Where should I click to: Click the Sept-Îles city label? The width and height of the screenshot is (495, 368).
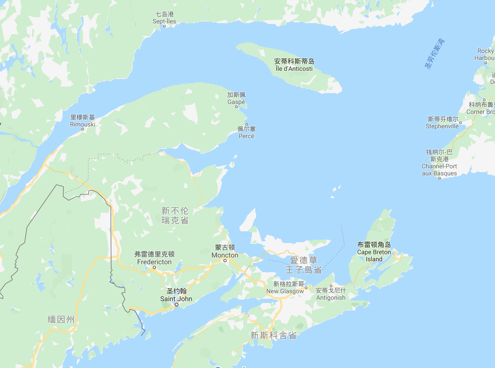point(164,18)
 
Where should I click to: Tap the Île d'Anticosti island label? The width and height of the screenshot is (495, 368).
point(294,65)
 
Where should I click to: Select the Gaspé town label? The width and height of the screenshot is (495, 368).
point(236,98)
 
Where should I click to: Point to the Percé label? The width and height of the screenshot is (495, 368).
point(247,133)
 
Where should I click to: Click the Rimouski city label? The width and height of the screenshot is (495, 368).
point(83,121)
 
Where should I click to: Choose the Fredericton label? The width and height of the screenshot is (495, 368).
point(154,258)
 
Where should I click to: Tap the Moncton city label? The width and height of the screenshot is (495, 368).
point(225,251)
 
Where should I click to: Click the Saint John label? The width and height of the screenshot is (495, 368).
point(176,295)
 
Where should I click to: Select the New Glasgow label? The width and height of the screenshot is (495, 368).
point(285,288)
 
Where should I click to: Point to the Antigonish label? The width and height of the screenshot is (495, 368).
point(331,294)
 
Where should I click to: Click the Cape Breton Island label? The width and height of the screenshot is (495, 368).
point(374,252)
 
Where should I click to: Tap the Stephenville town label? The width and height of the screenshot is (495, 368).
point(442,122)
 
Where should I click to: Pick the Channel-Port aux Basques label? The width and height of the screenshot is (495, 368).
point(439,162)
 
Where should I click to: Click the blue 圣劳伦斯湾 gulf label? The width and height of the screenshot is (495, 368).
point(435,54)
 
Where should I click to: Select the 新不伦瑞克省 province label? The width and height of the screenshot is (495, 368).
point(175,215)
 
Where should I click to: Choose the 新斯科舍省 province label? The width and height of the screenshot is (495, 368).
point(273,335)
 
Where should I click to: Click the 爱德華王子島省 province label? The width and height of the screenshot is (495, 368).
point(304,265)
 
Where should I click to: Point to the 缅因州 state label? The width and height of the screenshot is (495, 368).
point(61,319)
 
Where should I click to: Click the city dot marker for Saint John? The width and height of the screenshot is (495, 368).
point(177,305)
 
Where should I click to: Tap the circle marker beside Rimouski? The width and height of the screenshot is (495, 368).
point(83,129)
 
